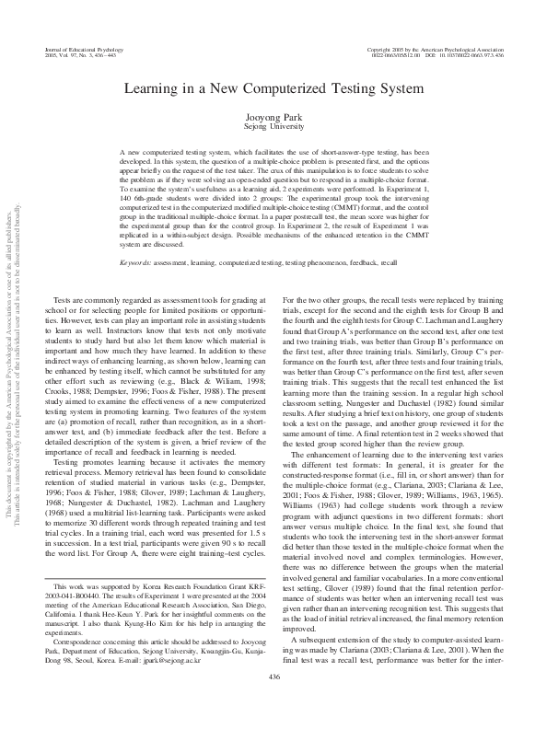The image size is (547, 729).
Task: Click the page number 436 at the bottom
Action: click(x=273, y=702)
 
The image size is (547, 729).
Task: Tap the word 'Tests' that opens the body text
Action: click(x=64, y=301)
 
